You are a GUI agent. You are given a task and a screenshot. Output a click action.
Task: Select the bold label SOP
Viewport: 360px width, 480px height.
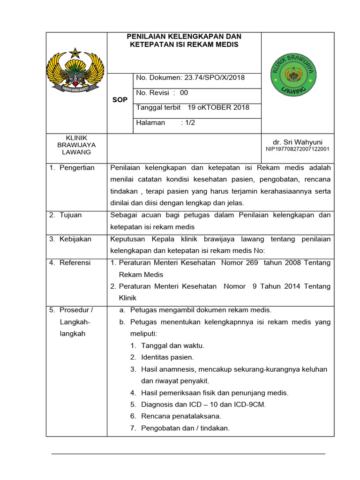coord(120,100)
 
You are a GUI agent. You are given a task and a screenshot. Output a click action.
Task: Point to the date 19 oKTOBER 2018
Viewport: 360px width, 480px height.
coord(218,107)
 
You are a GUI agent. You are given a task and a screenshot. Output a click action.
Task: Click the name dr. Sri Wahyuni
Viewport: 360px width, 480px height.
coord(298,142)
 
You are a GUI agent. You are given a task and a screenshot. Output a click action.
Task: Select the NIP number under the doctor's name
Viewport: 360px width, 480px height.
coord(298,149)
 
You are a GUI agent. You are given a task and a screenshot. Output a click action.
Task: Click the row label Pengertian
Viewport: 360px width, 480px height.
coord(77,168)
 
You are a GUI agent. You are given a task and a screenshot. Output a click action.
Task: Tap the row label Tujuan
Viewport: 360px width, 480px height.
coord(70,215)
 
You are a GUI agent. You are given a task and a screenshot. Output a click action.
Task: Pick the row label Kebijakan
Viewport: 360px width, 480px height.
coord(75,239)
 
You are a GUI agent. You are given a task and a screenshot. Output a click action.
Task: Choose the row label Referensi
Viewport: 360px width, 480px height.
coord(75,263)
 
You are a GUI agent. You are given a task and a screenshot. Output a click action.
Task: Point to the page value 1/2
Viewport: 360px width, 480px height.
coord(190,123)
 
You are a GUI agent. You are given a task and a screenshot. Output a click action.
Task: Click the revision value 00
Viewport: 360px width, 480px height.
coord(184,93)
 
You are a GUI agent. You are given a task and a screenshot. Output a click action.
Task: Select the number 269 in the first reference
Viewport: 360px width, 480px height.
coord(252,263)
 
